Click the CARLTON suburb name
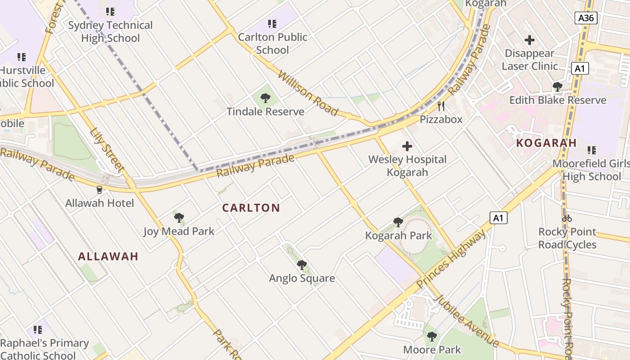(251, 208)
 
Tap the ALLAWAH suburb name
(108, 256)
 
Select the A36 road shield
(586, 18)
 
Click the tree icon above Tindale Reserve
(265, 98)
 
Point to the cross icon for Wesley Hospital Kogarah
(407, 146)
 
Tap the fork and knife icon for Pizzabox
(441, 106)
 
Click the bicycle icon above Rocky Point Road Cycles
(567, 218)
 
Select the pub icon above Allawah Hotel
(99, 190)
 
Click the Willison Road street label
(308, 92)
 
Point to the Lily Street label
(107, 151)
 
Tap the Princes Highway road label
(451, 259)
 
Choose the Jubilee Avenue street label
(467, 320)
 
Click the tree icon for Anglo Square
(302, 265)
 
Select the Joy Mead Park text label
(179, 231)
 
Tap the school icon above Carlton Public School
(272, 23)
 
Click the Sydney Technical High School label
(110, 31)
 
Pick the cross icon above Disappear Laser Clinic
(530, 40)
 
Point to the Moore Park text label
(432, 350)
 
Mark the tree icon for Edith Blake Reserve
(558, 87)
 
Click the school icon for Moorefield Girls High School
(592, 150)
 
